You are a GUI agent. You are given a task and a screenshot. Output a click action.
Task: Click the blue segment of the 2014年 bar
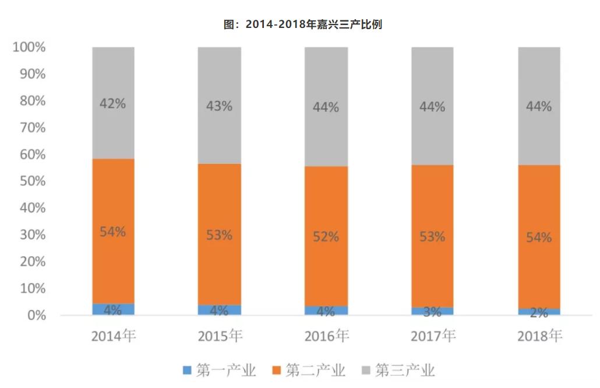click(x=113, y=309)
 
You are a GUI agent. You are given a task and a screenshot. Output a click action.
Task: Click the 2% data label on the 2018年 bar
click(x=539, y=313)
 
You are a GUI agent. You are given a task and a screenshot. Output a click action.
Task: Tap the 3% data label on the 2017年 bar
click(x=432, y=312)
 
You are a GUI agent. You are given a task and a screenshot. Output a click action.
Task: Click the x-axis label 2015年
click(x=220, y=336)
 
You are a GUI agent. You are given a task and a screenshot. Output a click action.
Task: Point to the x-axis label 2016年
click(x=326, y=336)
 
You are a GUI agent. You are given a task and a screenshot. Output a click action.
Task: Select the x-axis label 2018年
click(x=539, y=336)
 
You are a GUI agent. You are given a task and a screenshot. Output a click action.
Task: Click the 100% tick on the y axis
click(x=29, y=47)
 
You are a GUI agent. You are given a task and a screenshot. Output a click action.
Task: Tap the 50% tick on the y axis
click(x=31, y=181)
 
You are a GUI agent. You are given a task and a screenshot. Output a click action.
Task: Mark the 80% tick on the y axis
click(x=31, y=101)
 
